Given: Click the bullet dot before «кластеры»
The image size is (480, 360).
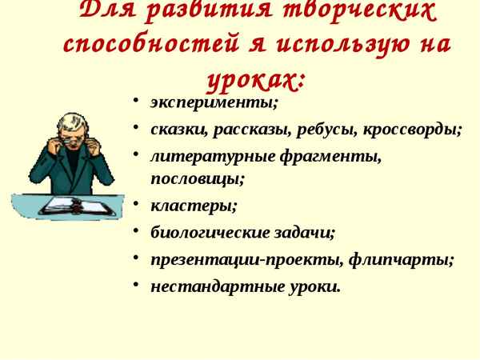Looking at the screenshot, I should coord(137,204).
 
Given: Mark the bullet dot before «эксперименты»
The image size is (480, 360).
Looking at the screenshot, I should coord(137,102).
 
